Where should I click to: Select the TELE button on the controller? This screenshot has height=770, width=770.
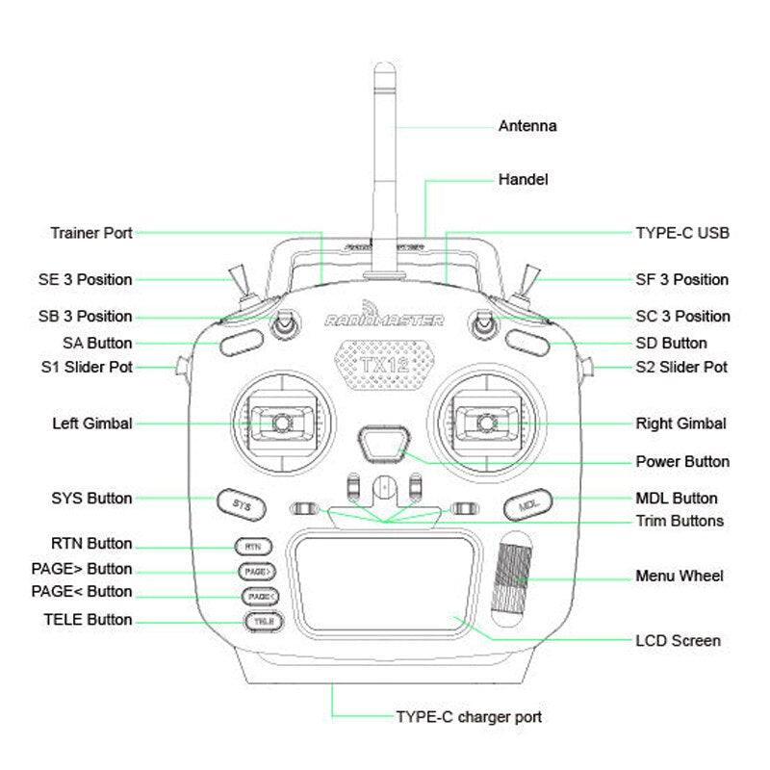[x=261, y=622]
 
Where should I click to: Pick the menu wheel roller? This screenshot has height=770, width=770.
[x=513, y=575]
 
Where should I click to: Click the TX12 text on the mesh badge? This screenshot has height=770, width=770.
[x=383, y=367]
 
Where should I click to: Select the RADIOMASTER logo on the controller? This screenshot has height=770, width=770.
[x=384, y=319]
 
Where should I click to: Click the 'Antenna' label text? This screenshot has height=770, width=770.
[x=526, y=125]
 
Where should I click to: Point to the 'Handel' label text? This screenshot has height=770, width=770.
[x=523, y=179]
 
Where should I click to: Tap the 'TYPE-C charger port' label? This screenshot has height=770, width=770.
[x=469, y=717]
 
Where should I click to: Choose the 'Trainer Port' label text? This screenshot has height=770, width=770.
[x=90, y=233]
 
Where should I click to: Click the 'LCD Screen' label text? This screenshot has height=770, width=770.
[x=678, y=640]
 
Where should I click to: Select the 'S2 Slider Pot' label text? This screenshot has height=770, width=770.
[x=681, y=367]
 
